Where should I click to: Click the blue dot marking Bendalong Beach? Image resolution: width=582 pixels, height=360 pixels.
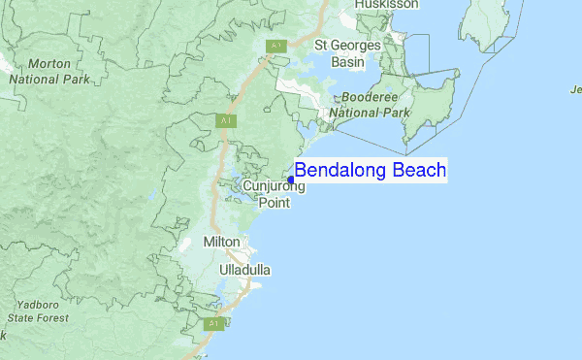tap(291, 179)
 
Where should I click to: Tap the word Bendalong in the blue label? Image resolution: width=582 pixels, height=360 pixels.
tap(341, 171)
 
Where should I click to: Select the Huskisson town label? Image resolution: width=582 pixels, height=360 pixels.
tap(386, 5)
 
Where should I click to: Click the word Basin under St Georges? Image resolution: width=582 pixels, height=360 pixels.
tap(346, 62)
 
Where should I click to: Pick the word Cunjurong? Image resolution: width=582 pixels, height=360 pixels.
tap(274, 186)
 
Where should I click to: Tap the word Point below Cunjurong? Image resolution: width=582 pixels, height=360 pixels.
tap(274, 203)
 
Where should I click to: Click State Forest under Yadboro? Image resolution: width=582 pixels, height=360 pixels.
tap(38, 317)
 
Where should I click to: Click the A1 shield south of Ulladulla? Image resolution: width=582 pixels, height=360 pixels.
tap(215, 322)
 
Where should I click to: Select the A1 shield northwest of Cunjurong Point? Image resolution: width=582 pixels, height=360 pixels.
tap(226, 120)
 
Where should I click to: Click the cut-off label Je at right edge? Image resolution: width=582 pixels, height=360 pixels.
tap(575, 90)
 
